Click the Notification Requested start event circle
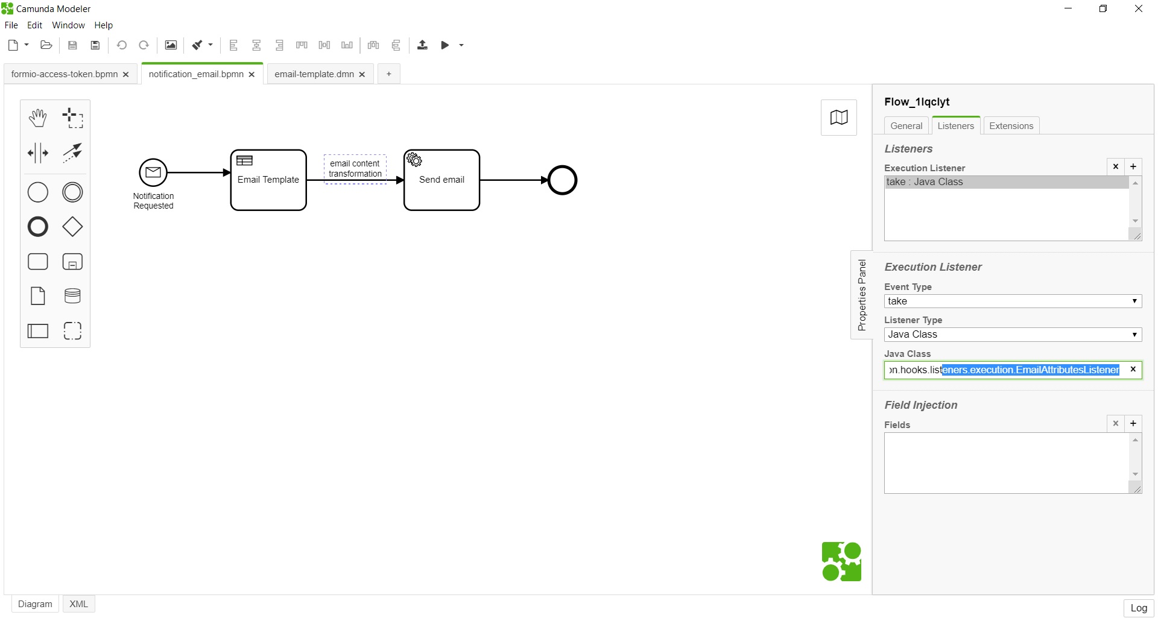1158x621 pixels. pyautogui.click(x=153, y=173)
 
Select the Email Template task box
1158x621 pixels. pyautogui.click(x=268, y=180)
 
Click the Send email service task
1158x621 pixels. pyautogui.click(x=441, y=180)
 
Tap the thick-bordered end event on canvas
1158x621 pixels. pyautogui.click(x=562, y=180)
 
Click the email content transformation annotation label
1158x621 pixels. pyautogui.click(x=355, y=169)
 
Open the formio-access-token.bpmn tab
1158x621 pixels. pyautogui.click(x=65, y=74)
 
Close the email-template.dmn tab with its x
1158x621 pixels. pyautogui.click(x=362, y=75)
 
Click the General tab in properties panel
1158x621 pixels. pyautogui.click(x=906, y=125)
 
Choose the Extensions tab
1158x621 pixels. pyautogui.click(x=1011, y=125)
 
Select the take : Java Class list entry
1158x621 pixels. pyautogui.click(x=1006, y=182)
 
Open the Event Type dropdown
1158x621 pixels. pyautogui.click(x=1013, y=301)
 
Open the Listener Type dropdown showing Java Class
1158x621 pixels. pyautogui.click(x=1013, y=335)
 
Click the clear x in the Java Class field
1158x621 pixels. pyautogui.click(x=1133, y=370)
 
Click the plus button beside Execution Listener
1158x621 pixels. pyautogui.click(x=1133, y=166)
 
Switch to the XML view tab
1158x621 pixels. pyautogui.click(x=78, y=604)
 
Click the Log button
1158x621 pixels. pyautogui.click(x=1138, y=608)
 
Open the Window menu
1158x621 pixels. pyautogui.click(x=68, y=25)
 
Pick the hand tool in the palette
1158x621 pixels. pyautogui.click(x=38, y=118)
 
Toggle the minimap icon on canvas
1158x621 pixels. pyautogui.click(x=838, y=118)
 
